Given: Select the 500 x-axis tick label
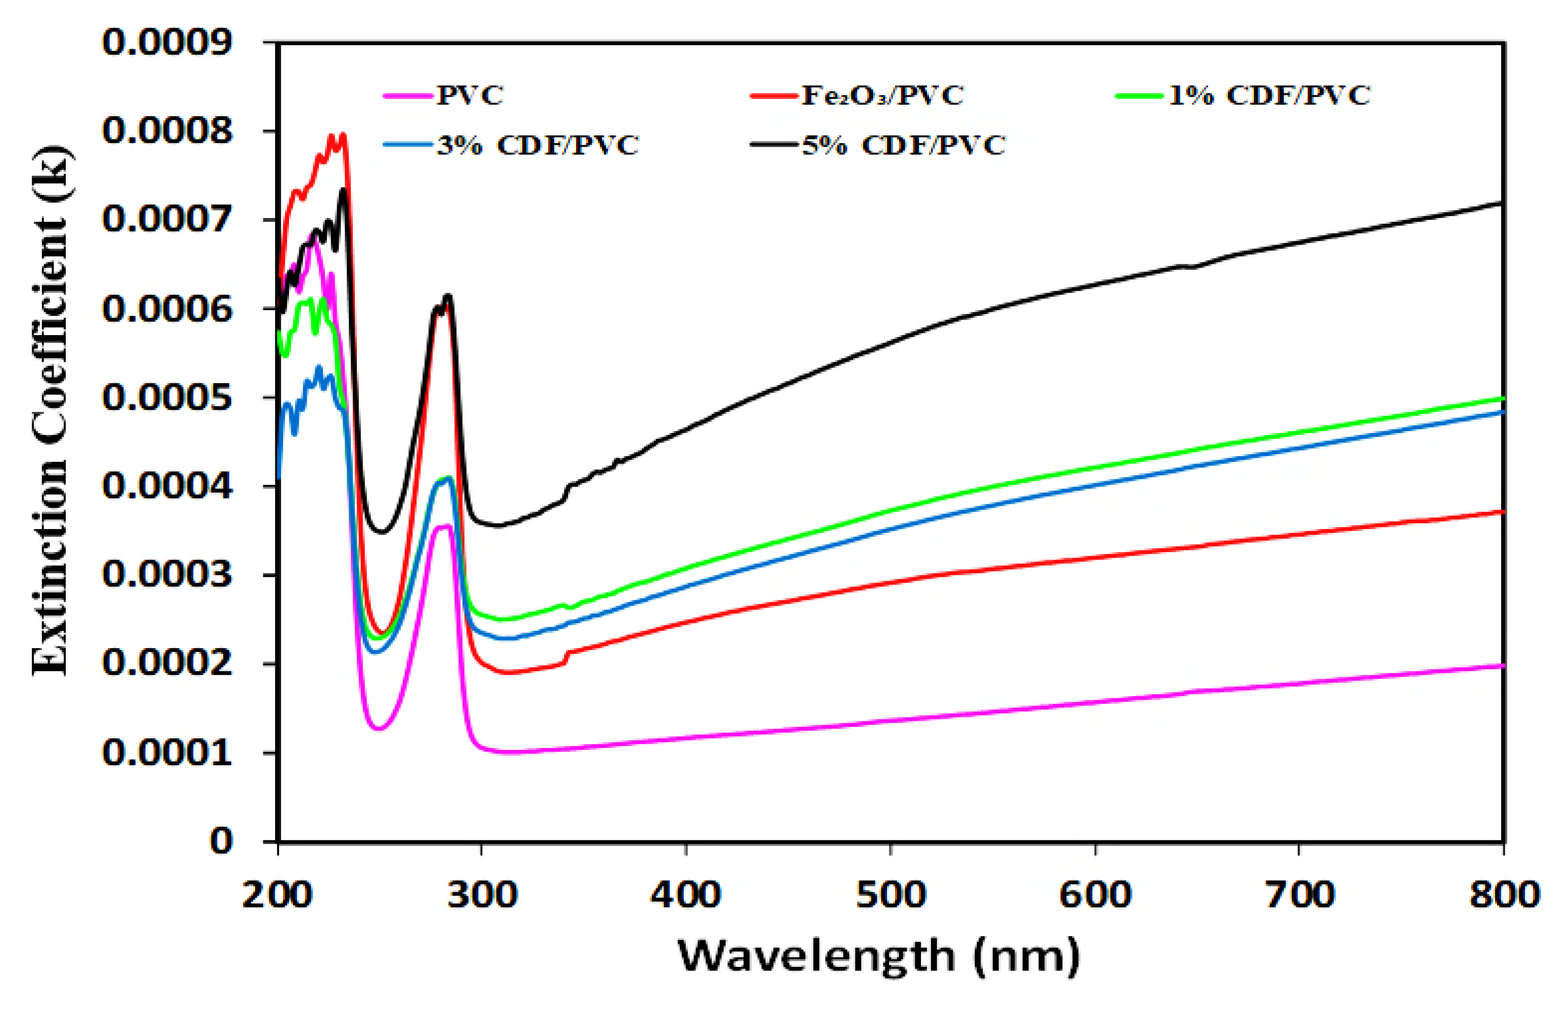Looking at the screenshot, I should pos(891,895).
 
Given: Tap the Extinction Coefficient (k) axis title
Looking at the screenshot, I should pos(51,411).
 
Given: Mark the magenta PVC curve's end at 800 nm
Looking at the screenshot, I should pos(1502,666).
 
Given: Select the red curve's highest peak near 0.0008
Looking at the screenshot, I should pos(343,135).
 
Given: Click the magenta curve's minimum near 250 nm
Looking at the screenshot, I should pos(379,728).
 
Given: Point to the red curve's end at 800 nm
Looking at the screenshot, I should pos(1502,511).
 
